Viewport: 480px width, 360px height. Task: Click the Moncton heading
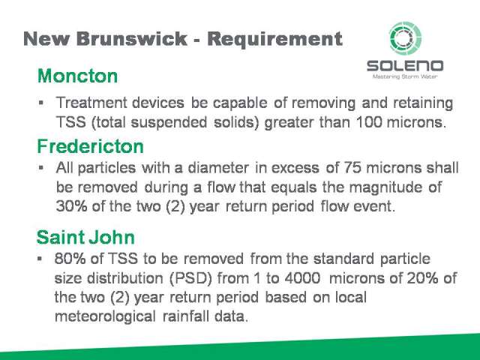77,76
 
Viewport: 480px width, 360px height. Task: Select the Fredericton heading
90,146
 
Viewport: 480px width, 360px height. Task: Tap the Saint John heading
85,237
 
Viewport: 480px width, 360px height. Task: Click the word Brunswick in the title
132,39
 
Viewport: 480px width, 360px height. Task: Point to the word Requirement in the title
275,40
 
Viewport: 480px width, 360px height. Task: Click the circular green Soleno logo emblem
405,38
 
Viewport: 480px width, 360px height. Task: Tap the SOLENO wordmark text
405,66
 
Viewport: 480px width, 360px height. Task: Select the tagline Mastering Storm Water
405,76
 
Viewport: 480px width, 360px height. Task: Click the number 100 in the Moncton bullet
369,122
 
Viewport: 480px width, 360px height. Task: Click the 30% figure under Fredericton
71,206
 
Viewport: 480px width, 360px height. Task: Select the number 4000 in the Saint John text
302,278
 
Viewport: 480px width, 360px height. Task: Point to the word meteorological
105,316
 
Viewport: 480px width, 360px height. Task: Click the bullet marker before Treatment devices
41,103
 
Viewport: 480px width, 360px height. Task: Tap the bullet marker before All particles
41,168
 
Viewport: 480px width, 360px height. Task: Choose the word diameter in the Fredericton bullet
217,168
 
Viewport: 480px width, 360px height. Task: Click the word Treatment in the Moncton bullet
91,103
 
